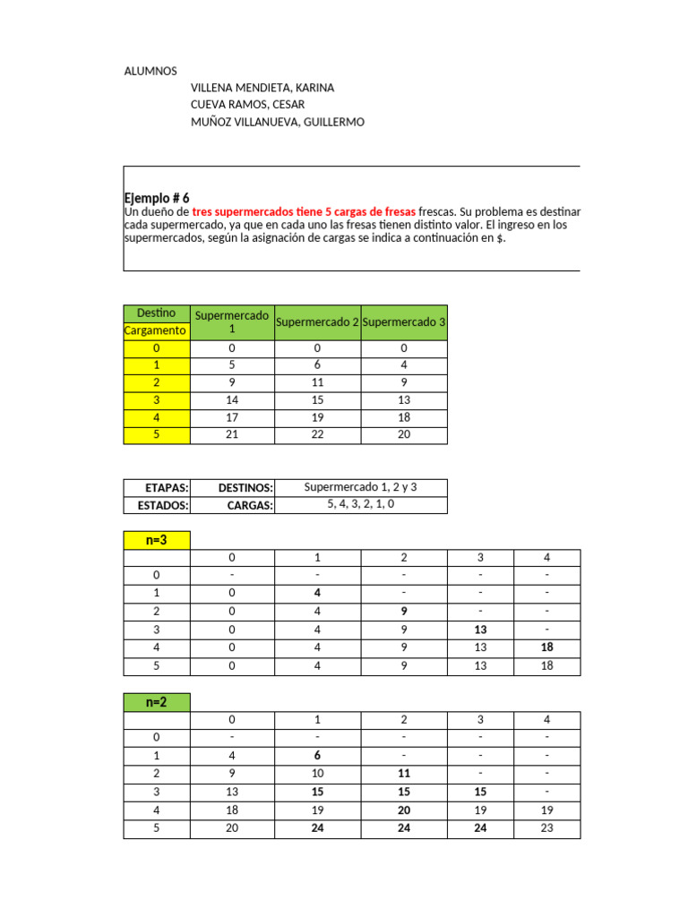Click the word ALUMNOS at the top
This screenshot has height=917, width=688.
[150, 71]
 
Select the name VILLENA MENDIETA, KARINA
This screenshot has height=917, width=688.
[262, 88]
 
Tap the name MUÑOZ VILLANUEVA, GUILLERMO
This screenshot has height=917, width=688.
[278, 122]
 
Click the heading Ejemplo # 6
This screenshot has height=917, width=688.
[157, 198]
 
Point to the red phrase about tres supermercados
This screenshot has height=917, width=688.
[304, 210]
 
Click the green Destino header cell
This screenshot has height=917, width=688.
[157, 313]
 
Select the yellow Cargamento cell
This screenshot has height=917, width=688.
[157, 330]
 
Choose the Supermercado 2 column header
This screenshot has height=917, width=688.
[317, 321]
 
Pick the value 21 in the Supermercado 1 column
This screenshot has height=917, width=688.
[232, 435]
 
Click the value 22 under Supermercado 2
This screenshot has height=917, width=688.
[317, 435]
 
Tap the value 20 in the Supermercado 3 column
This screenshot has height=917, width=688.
[403, 435]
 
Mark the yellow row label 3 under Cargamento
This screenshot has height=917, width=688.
[157, 400]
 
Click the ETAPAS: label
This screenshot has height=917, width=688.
[167, 488]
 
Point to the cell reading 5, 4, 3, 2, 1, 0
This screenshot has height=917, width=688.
[360, 504]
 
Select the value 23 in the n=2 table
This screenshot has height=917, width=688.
[546, 828]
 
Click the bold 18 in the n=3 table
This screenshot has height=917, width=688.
[546, 647]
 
